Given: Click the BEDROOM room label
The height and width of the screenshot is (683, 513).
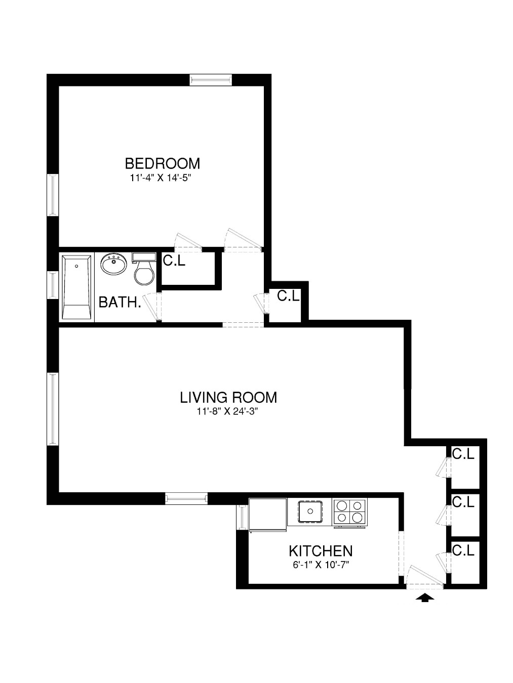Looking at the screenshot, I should click(162, 163).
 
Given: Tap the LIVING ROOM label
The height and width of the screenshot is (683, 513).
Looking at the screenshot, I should click(228, 397).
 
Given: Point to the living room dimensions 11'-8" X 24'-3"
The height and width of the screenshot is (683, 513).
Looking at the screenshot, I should click(228, 411).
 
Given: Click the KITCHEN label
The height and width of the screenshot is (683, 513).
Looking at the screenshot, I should click(321, 551).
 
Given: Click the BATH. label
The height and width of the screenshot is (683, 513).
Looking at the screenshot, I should click(120, 303).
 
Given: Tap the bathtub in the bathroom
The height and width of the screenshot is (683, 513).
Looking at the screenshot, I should click(76, 287).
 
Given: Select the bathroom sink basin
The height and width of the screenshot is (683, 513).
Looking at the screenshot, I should click(113, 265).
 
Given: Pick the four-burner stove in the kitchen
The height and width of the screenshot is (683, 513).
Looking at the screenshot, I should click(349, 512).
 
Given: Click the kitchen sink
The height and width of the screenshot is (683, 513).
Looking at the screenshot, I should click(310, 511).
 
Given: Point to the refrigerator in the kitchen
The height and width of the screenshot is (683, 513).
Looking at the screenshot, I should click(268, 515).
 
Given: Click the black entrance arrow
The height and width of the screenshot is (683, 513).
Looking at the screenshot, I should click(425, 599).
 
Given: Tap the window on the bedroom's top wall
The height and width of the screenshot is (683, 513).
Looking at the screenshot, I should click(211, 80).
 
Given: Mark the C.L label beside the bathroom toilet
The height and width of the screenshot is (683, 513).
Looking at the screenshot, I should click(174, 261).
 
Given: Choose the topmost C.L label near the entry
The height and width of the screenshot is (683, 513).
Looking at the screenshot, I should click(463, 454).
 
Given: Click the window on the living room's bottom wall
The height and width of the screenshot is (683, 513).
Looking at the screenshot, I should click(186, 499).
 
